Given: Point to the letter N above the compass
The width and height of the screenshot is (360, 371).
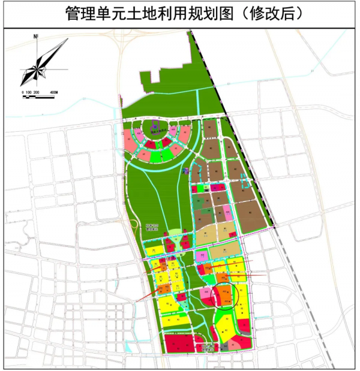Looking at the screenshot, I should click(37, 38).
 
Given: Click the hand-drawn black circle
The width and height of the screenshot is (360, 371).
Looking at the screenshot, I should click(227, 294).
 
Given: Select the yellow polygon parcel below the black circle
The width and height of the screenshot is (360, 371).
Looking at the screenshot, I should click(226, 327).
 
